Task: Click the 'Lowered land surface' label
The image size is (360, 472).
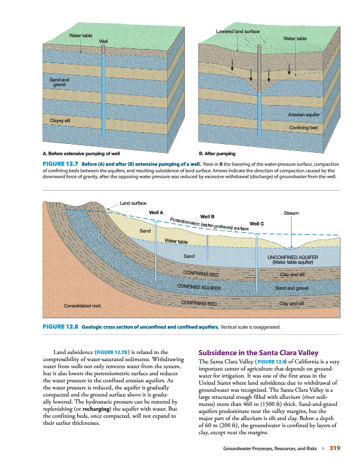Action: click(238, 30)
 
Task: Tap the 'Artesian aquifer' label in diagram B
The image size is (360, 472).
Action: click(304, 115)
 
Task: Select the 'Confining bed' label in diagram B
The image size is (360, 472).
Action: click(304, 127)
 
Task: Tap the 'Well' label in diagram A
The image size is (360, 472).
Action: click(103, 41)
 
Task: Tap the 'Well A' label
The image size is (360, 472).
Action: click(156, 212)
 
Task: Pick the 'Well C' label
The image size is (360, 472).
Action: click(257, 224)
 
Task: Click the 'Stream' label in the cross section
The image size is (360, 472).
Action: click(292, 212)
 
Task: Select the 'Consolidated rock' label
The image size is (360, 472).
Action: click(83, 306)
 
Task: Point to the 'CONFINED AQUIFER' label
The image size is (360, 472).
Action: click(199, 287)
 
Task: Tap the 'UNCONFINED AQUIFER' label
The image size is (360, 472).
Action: click(293, 258)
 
